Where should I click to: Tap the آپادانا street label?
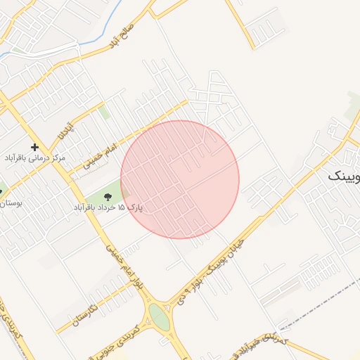(65, 129)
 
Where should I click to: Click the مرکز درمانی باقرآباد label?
(34, 158)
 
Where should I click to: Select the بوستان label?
(11, 202)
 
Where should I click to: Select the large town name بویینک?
(345, 176)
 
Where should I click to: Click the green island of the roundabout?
(159, 316)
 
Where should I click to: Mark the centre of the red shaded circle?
(180, 179)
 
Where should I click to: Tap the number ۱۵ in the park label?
(120, 208)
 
